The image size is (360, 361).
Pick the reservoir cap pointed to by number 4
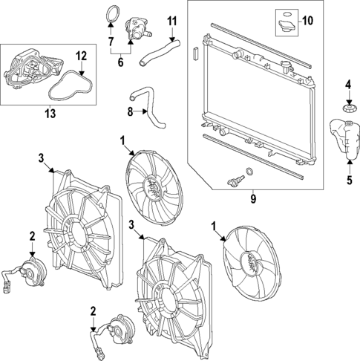[x=347, y=111]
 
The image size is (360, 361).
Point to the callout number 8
[x=131, y=113]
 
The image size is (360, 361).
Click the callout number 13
[x=50, y=113]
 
